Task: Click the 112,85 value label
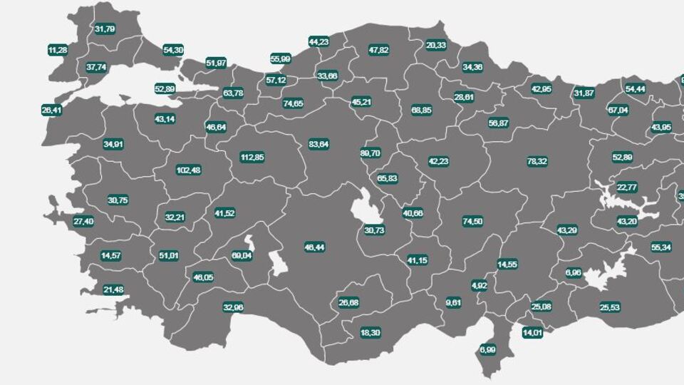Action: tap(252, 158)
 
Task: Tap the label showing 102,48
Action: tap(189, 170)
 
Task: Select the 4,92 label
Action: tap(480, 285)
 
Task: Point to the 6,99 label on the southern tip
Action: tap(487, 349)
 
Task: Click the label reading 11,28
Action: tap(58, 50)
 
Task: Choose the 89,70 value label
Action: tap(370, 153)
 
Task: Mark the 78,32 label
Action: tap(537, 162)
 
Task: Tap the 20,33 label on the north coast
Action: tap(436, 45)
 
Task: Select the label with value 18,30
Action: tap(370, 333)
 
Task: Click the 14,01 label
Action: tap(532, 332)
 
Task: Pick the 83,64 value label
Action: tap(318, 144)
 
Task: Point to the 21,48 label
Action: tap(113, 289)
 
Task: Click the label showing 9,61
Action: tap(454, 302)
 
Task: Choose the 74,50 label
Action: tap(472, 221)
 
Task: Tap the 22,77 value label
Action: tap(627, 188)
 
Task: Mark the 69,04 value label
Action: tap(242, 255)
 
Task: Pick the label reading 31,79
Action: tap(105, 29)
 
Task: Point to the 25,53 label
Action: tap(609, 308)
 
